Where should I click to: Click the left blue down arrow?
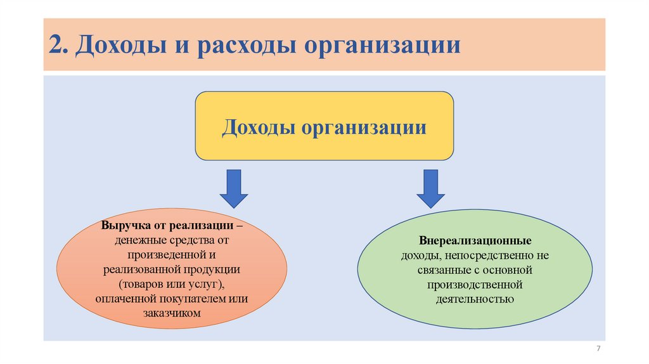coord(233,188)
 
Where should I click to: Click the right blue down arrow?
coord(431,188)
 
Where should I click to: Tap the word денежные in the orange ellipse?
coord(141,241)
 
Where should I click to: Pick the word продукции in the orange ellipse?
coord(217,270)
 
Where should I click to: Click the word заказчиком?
coord(172,313)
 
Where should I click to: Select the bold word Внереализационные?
coord(475,242)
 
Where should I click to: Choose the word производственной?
coord(474,284)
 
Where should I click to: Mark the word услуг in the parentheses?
coord(205,284)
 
